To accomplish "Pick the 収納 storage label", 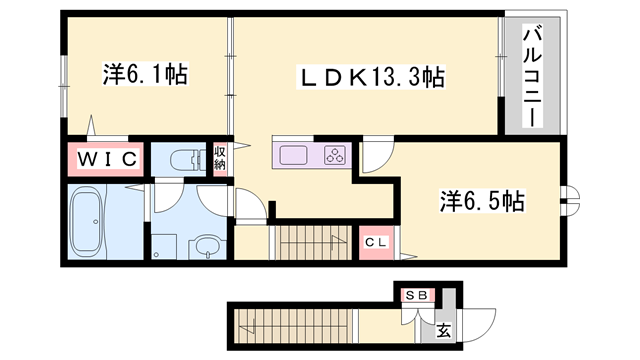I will click(220, 158).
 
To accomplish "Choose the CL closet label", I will click(376, 242).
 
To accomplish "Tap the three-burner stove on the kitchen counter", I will click(334, 155).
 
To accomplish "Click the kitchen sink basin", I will click(295, 155).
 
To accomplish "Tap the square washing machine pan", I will click(163, 245).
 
